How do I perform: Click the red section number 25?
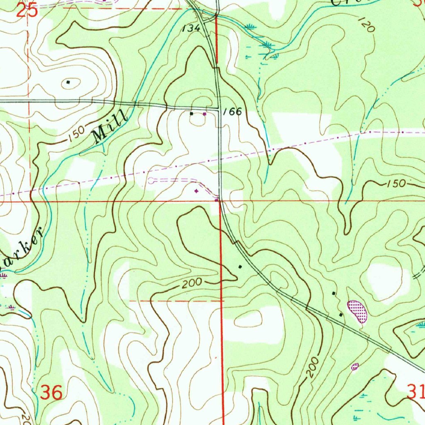coord(27,10)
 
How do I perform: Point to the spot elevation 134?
coord(191,28)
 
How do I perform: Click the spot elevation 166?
coord(232,112)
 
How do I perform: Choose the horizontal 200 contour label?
coord(191,283)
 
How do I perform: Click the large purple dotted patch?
coord(357,311)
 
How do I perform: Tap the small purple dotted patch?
coord(355,366)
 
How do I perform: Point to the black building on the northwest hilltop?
coord(68,83)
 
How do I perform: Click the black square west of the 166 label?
coord(191,113)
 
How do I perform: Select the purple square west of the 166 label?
coord(204,113)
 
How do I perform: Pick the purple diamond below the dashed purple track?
coord(196,191)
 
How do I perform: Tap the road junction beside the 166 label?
coord(220,110)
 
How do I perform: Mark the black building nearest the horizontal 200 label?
coord(239,267)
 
